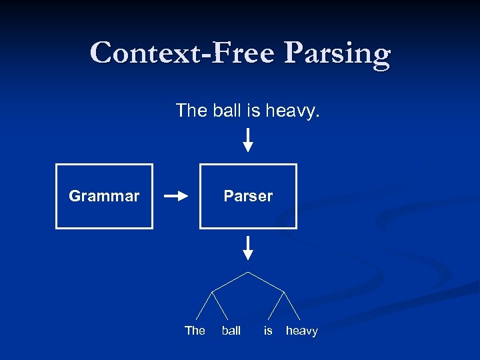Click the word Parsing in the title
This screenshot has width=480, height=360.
(337, 53)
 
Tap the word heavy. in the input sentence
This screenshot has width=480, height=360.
(293, 110)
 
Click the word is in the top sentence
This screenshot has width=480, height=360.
(253, 110)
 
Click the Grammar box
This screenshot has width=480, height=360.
(104, 196)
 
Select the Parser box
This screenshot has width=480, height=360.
(248, 196)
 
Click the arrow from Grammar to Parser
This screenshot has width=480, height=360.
(177, 196)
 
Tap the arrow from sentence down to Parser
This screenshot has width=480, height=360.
(248, 140)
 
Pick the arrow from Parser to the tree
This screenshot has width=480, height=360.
(248, 247)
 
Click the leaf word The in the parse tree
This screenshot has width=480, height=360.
(195, 331)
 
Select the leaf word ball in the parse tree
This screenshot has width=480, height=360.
(231, 331)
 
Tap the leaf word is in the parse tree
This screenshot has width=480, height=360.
(268, 331)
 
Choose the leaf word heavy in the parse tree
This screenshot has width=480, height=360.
(302, 331)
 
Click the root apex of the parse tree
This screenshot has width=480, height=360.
(248, 272)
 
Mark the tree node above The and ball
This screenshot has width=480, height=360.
(213, 291)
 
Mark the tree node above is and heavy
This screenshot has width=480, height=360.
(285, 291)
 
